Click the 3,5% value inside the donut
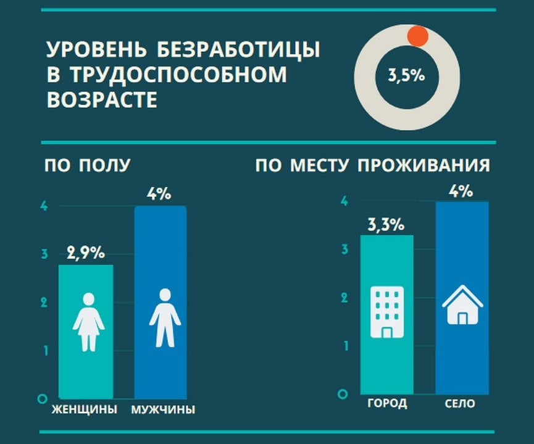pos(406,77)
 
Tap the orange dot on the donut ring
pos(419,36)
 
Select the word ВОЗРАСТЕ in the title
pos(102,99)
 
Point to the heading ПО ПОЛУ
pos(87,165)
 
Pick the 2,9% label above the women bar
pos(86,253)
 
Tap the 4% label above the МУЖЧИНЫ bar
pos(159,194)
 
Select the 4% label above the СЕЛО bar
pos(462,190)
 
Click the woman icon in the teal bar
pos(88,321)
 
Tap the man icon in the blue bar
pos(165,317)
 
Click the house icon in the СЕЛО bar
pos(462,306)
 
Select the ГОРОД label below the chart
pos(387,404)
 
